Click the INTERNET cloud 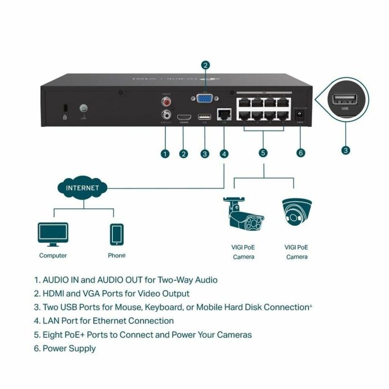pyautogui.click(x=82, y=188)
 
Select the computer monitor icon pyautogui.click(x=53, y=234)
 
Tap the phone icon pyautogui.click(x=117, y=234)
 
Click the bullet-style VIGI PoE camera pyautogui.click(x=243, y=214)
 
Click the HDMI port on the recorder pyautogui.click(x=184, y=117)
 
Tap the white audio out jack pyautogui.click(x=165, y=116)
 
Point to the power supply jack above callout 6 pyautogui.click(x=301, y=114)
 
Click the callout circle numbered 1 pyautogui.click(x=165, y=153)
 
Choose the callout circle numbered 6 pyautogui.click(x=301, y=153)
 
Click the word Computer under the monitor pyautogui.click(x=53, y=256)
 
